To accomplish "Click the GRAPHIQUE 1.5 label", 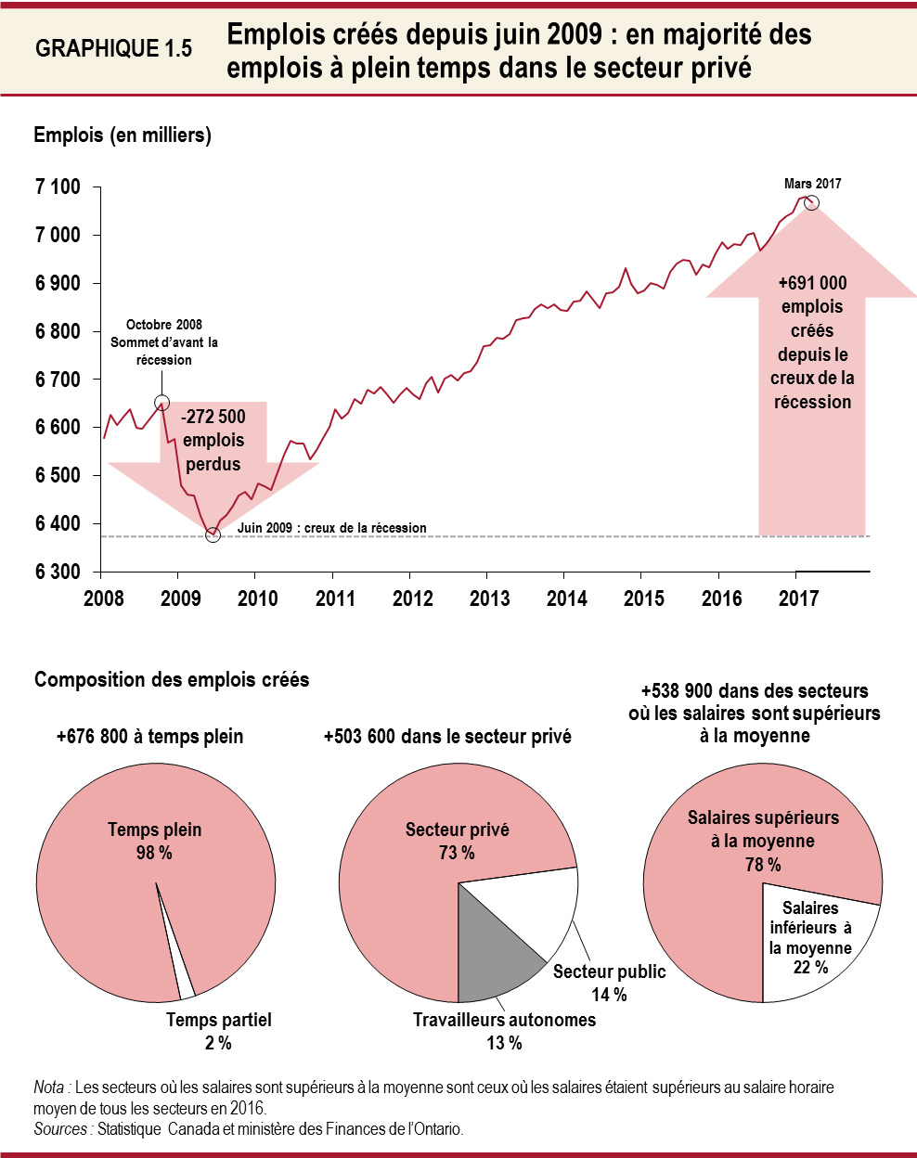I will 113,49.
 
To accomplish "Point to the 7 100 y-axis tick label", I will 58,187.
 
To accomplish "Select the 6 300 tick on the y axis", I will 58,572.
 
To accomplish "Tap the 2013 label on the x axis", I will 489,598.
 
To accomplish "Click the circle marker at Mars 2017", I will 811,202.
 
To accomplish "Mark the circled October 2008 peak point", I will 161,403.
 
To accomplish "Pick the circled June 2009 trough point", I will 213,535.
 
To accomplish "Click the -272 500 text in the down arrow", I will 213,417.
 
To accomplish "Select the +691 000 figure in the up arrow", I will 812,283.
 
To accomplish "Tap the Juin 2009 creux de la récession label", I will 331,528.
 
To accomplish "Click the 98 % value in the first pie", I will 154,853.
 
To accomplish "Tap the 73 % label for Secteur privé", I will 457,853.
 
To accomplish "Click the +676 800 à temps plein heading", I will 149,737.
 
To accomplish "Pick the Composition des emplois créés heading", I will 172,680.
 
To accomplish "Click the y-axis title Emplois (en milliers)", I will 123,135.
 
